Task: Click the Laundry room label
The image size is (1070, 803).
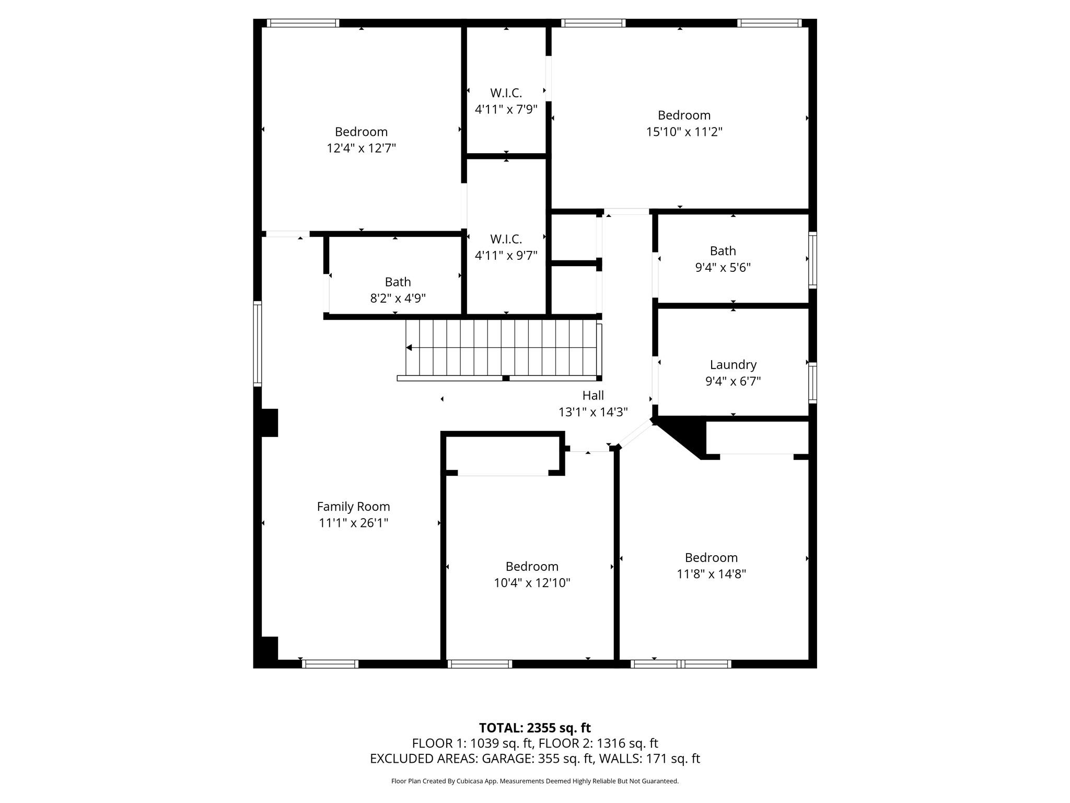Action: [x=732, y=364]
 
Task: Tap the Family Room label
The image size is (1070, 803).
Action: [x=353, y=506]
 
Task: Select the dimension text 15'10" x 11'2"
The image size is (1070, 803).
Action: [x=684, y=132]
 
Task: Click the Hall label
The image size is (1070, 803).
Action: [x=593, y=395]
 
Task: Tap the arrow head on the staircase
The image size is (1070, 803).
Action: [x=409, y=348]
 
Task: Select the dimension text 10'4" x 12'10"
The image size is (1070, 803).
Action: [x=532, y=583]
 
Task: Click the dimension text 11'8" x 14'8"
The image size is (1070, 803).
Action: [x=711, y=574]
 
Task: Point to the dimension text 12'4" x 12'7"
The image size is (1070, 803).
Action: [x=361, y=148]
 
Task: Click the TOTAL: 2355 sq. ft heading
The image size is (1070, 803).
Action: [x=534, y=728]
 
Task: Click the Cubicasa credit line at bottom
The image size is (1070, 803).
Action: [x=534, y=781]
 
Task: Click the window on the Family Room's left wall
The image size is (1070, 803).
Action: [x=257, y=344]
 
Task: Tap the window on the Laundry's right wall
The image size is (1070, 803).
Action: [x=812, y=383]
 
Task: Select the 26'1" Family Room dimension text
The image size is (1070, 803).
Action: [x=372, y=523]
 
